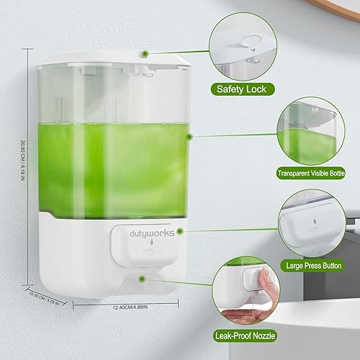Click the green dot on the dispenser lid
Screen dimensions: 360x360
145,53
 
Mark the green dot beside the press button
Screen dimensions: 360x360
181,232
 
